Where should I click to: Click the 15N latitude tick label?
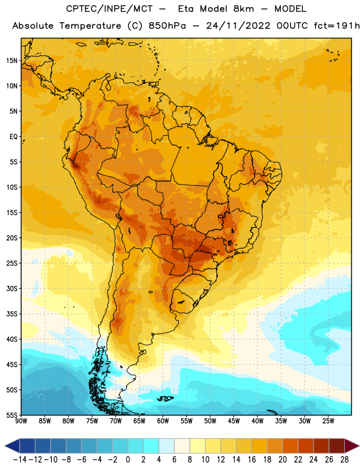coord(12,61)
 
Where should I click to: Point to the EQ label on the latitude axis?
coord(13,137)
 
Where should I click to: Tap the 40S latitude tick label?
coord(12,340)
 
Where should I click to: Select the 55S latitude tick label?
coord(12,415)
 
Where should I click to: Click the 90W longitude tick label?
coord(21,421)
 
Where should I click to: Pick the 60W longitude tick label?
coord(163,421)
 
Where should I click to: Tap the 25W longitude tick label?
coord(328,421)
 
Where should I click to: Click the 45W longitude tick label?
coord(234,421)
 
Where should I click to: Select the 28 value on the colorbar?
coord(344,460)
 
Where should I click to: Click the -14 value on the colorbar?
coord(20,460)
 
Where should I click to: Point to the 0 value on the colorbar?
coord(128,460)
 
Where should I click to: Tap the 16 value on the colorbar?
coord(252,460)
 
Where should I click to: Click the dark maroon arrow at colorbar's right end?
coord(352,446)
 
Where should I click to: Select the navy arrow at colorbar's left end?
coord(12,446)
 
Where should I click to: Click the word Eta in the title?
coord(186,9)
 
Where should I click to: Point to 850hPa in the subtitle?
coord(167,26)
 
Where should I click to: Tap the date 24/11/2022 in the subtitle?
coord(238,26)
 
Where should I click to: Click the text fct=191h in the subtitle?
coord(337,26)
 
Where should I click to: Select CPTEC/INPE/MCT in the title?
coord(110,9)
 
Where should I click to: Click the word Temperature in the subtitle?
coord(90,26)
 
